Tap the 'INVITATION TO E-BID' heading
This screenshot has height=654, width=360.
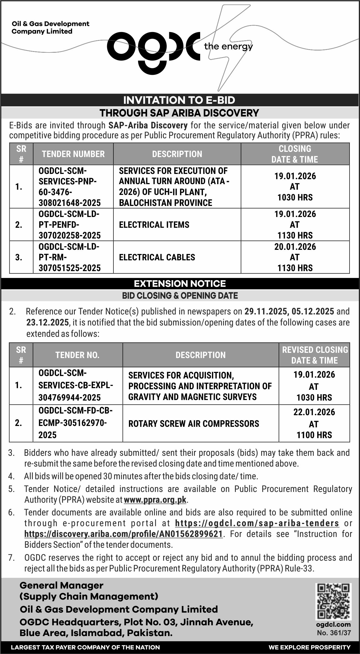click(x=179, y=100)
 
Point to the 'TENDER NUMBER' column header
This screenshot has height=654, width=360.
click(x=73, y=154)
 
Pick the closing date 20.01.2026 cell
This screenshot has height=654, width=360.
click(x=295, y=257)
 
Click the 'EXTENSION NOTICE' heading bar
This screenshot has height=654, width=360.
click(x=180, y=284)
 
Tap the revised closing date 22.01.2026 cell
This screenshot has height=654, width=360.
click(x=314, y=423)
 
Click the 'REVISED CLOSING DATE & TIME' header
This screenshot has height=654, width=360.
click(x=314, y=355)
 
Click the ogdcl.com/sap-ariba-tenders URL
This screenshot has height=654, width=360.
click(x=257, y=523)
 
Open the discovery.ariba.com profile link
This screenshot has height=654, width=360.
click(x=123, y=534)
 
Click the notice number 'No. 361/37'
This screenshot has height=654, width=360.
click(x=334, y=633)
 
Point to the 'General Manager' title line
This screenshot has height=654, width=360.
click(x=62, y=585)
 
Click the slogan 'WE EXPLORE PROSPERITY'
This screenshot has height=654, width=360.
click(x=309, y=647)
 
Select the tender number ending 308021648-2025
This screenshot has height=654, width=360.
click(x=70, y=187)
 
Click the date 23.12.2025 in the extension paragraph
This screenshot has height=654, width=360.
click(x=47, y=322)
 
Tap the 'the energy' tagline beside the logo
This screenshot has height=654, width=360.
click(x=228, y=47)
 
